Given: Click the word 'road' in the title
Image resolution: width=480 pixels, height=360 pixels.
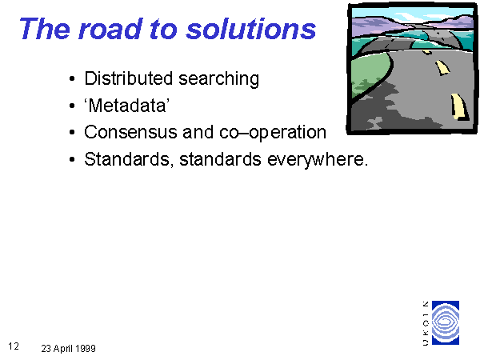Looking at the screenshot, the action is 111,30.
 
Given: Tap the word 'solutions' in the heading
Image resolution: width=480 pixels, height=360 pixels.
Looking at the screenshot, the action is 251,29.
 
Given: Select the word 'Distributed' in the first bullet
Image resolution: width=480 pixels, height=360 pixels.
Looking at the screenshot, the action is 129,78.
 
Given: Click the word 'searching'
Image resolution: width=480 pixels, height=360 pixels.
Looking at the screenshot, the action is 219,79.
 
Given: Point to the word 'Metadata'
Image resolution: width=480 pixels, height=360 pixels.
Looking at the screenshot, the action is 127,106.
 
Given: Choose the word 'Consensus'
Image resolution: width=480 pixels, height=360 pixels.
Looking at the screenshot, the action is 130,132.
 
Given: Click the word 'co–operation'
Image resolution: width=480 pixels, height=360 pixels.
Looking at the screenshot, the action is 273,133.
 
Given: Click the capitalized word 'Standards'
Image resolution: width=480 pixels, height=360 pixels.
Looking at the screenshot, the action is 126,159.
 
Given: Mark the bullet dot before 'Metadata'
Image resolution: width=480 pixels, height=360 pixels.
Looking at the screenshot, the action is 72,106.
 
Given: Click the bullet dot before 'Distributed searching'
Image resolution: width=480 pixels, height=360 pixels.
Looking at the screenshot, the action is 72,79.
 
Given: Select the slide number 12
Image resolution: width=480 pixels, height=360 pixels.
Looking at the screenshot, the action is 14,346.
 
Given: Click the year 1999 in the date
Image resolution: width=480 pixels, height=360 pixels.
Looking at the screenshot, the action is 86,348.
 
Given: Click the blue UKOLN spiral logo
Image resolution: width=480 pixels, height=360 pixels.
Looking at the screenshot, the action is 446,322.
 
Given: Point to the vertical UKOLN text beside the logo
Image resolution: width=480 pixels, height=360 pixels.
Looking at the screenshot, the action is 426,323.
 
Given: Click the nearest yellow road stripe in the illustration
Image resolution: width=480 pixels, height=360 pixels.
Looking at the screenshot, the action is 459,106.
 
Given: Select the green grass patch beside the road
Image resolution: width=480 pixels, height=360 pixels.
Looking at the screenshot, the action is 370,75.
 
